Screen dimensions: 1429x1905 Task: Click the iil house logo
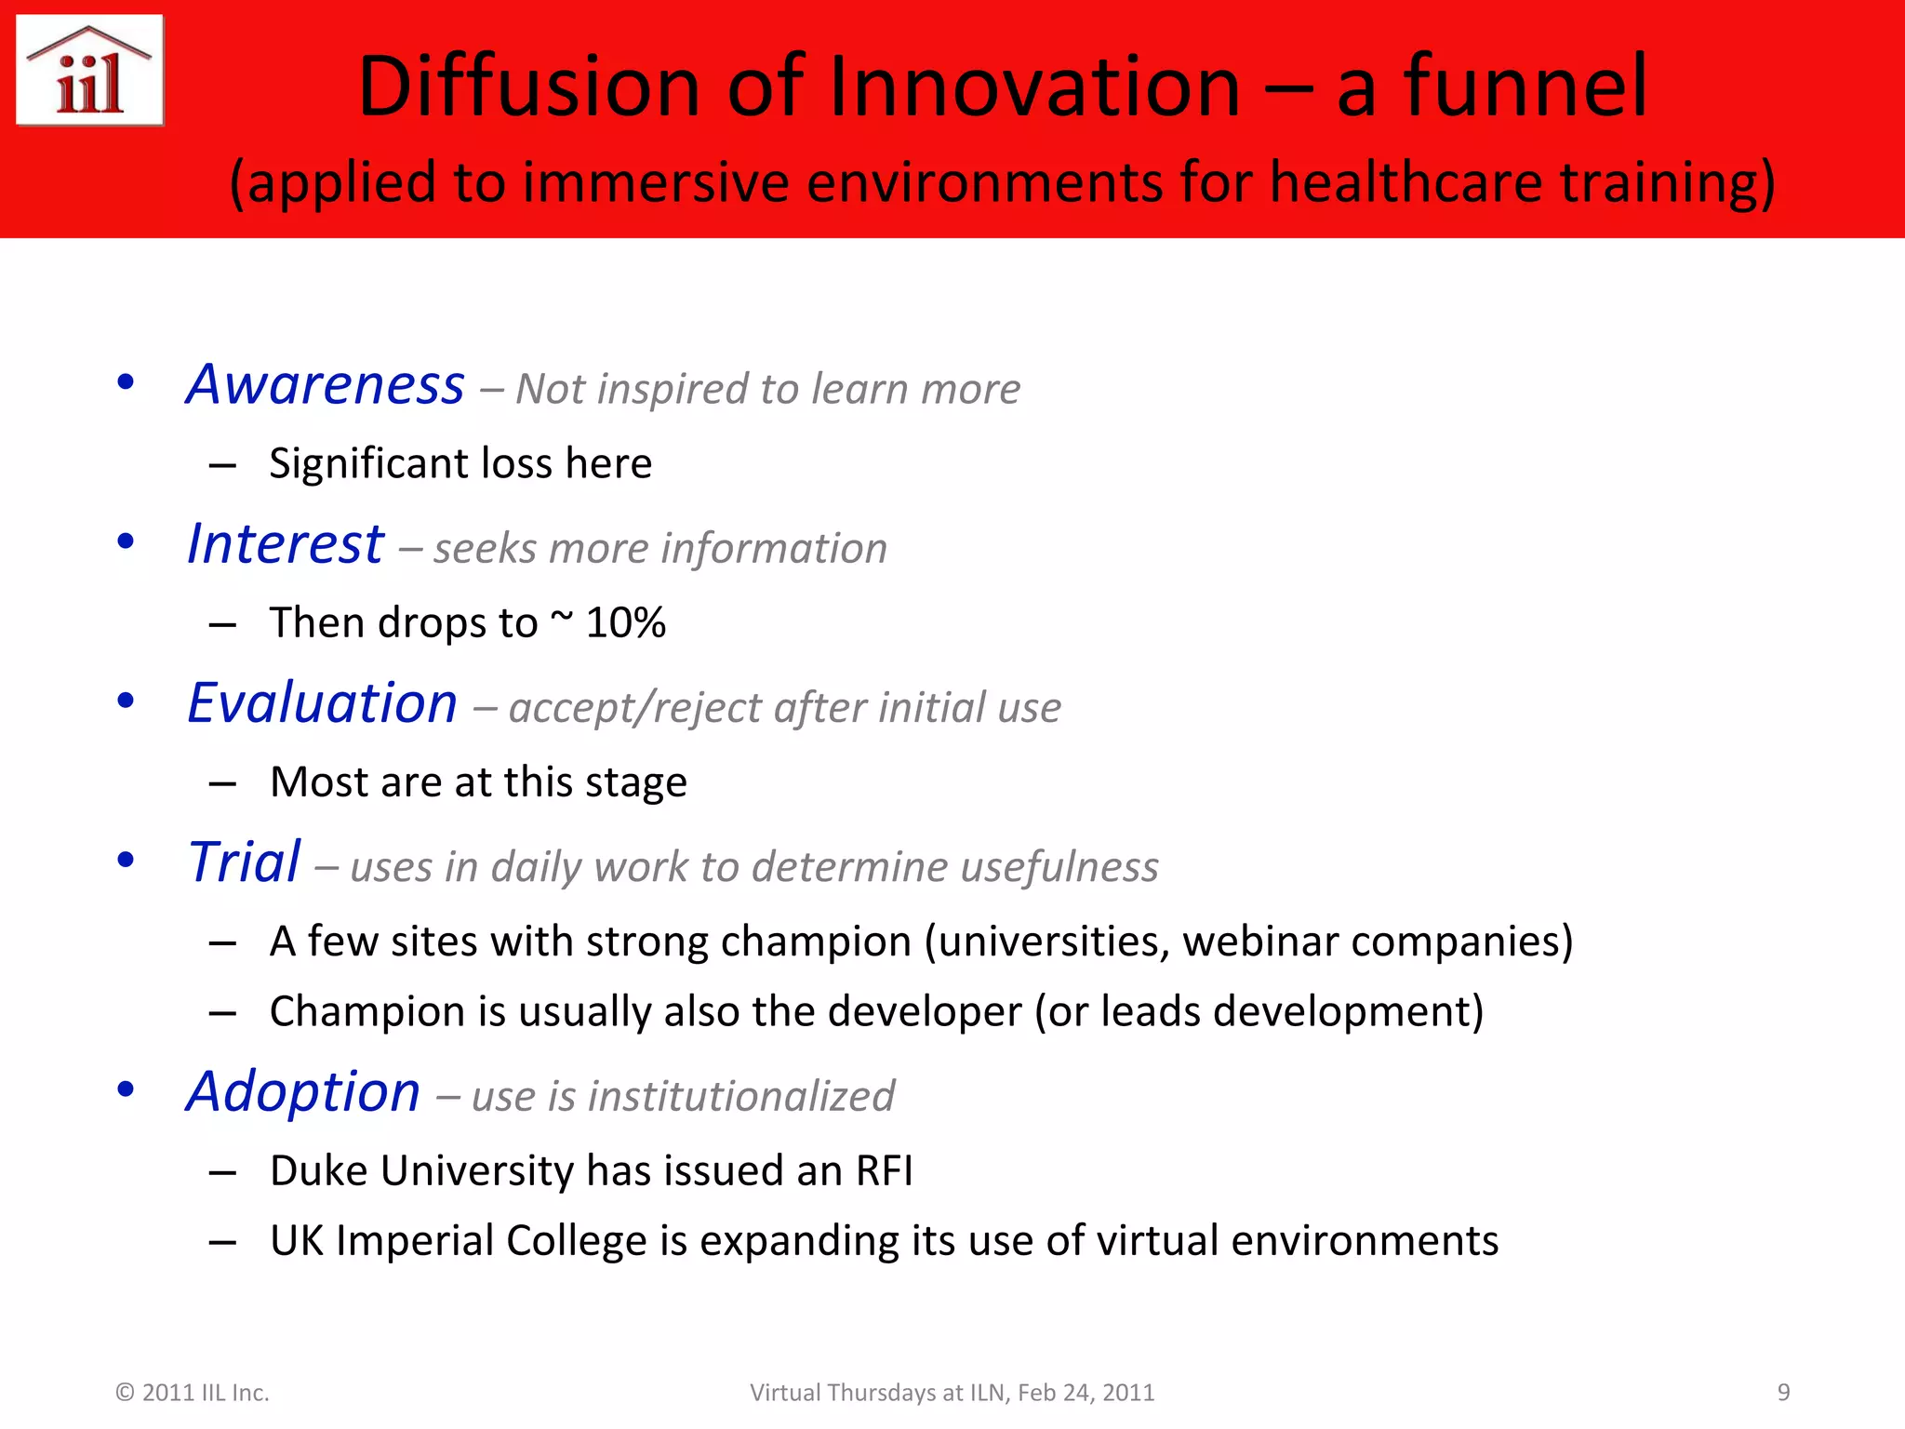(x=90, y=71)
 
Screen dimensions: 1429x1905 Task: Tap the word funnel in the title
(x=1525, y=87)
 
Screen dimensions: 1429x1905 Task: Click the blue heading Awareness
(x=326, y=384)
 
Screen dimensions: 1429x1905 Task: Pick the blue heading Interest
(x=286, y=543)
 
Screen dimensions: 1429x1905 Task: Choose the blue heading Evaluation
(x=323, y=702)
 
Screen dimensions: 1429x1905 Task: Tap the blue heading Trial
(x=245, y=861)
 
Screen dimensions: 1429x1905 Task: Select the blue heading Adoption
(x=303, y=1091)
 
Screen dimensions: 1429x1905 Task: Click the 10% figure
(x=626, y=622)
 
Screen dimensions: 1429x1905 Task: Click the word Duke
(x=318, y=1170)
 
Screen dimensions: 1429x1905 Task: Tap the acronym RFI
(x=884, y=1170)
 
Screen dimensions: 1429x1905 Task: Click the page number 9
(x=1783, y=1392)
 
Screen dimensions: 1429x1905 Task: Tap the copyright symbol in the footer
(x=125, y=1393)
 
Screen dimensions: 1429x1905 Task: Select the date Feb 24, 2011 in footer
(x=1086, y=1393)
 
